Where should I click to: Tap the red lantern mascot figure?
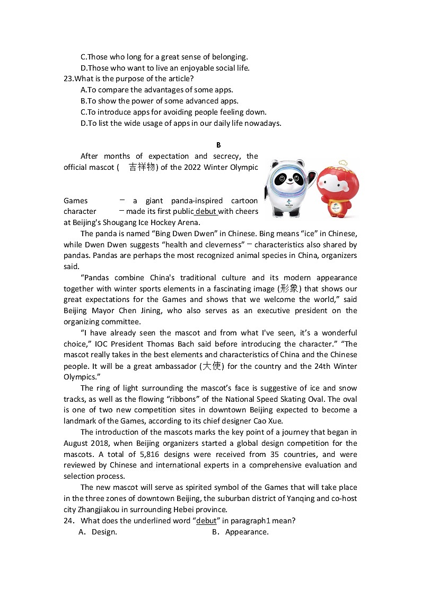(338, 190)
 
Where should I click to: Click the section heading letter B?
(218, 145)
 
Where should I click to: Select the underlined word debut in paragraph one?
(206, 211)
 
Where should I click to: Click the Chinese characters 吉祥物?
(142, 167)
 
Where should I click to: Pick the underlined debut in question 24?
(206, 521)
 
